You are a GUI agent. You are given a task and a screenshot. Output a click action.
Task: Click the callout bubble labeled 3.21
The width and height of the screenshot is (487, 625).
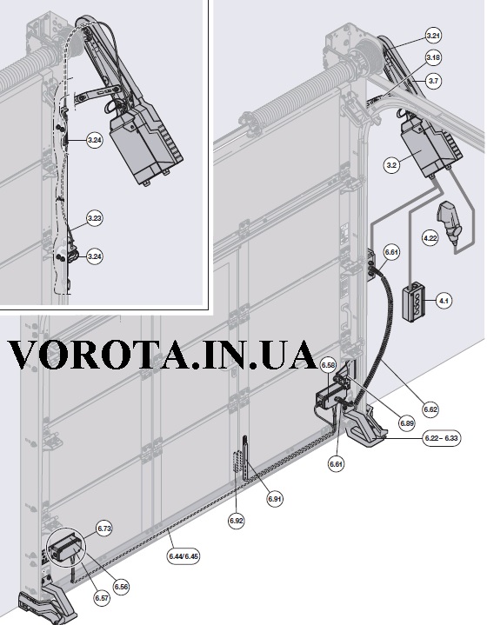tap(433, 36)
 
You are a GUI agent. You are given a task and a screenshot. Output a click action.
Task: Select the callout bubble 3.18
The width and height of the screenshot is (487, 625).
tap(433, 57)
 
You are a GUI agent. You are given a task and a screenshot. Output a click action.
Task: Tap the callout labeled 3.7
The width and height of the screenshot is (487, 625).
tap(433, 81)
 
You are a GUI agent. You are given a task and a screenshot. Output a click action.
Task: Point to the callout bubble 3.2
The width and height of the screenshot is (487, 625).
tap(392, 165)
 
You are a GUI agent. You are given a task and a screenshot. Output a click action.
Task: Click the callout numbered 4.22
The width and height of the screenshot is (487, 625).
tap(430, 238)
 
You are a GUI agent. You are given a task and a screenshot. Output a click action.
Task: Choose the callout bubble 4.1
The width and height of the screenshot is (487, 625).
tap(444, 301)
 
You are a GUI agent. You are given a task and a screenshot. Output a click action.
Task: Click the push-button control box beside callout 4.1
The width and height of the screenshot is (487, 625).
tap(414, 302)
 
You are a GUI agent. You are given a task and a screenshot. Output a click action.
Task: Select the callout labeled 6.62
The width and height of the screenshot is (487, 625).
tap(430, 409)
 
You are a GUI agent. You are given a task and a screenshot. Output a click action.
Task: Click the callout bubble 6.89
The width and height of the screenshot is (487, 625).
tap(407, 423)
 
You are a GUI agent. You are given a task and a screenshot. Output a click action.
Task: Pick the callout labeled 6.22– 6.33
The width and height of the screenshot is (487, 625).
tap(441, 438)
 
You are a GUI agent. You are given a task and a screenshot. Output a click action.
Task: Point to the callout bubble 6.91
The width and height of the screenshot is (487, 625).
tap(275, 499)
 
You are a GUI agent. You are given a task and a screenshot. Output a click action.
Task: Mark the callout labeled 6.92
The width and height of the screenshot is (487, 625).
tap(237, 521)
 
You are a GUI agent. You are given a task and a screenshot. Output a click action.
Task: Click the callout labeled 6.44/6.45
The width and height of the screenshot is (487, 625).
tap(183, 555)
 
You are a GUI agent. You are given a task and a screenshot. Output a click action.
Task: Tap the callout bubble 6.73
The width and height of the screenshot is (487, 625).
tap(103, 529)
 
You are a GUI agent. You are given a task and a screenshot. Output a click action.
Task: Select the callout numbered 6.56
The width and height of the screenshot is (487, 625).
tap(121, 587)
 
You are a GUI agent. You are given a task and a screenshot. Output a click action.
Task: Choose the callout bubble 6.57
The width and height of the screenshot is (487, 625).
tap(101, 598)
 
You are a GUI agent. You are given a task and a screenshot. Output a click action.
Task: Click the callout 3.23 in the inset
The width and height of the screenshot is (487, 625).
tap(95, 218)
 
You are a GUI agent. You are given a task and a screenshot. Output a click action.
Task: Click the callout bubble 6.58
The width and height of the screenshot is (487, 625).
tap(328, 365)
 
